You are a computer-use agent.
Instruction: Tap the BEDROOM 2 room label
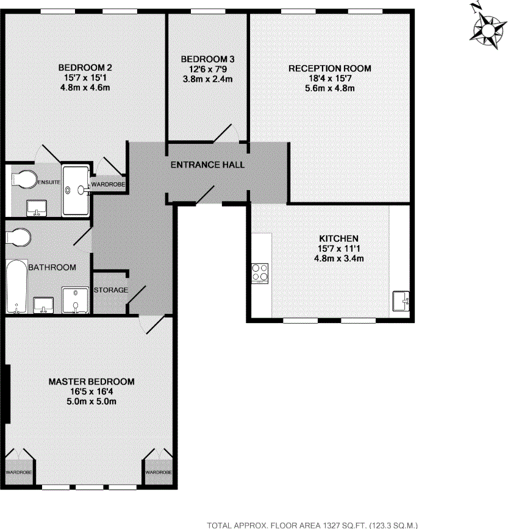(85, 68)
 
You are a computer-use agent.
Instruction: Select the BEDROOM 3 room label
(207, 59)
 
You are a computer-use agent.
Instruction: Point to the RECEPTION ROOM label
(330, 68)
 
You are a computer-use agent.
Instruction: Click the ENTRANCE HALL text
(207, 165)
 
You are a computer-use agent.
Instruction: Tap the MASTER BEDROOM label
(91, 382)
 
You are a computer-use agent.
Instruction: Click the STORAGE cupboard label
(111, 290)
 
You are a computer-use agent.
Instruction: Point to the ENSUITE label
(47, 182)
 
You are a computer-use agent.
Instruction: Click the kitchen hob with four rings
(260, 273)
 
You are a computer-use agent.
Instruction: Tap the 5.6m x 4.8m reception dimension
(330, 88)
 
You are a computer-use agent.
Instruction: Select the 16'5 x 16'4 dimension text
(91, 391)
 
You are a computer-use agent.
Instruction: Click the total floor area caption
(312, 524)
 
